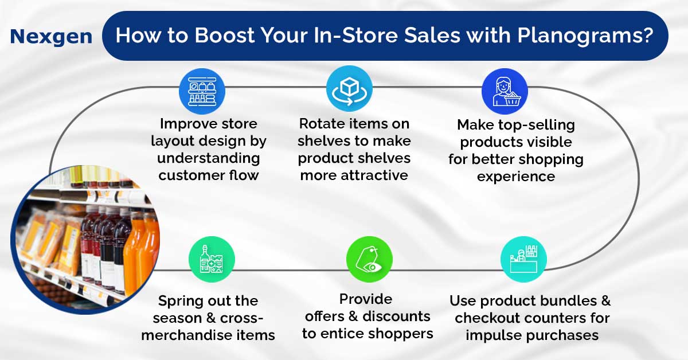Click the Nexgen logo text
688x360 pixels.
51,37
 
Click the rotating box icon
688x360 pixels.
349,89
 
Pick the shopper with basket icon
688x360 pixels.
505,92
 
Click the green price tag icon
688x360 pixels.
369,260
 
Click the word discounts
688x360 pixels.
397,316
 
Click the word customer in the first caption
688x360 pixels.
194,175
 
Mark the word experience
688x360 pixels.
515,177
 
